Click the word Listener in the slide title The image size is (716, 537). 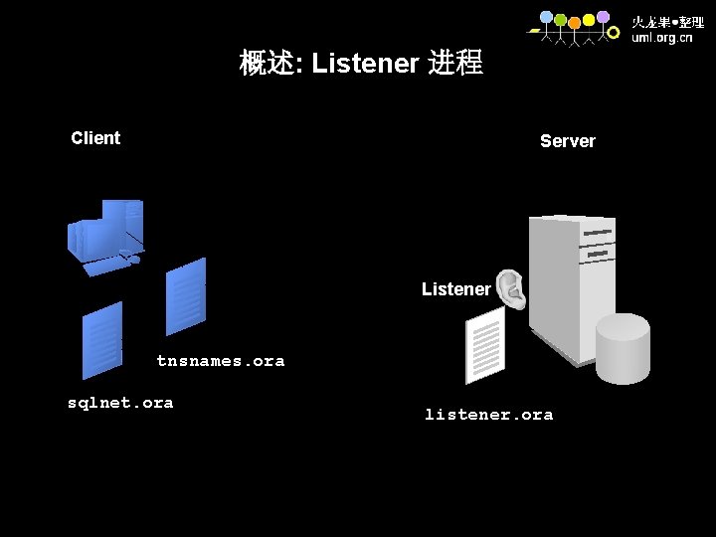coord(365,64)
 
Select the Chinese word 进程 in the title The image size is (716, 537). coord(454,64)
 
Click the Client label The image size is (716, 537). coord(95,138)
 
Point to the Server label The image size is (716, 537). coord(567,141)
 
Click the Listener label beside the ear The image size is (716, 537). coord(455,289)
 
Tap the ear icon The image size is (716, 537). coord(511,287)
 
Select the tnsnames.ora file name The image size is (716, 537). coord(220,361)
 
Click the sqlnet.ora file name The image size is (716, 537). coord(119,403)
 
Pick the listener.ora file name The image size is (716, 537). coord(488,415)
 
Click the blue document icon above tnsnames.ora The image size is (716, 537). coord(186,296)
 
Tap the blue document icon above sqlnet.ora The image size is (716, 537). coord(102,340)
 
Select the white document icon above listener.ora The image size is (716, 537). coord(485,344)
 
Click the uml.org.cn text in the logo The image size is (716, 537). coord(662,38)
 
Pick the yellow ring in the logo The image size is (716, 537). coord(589,20)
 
